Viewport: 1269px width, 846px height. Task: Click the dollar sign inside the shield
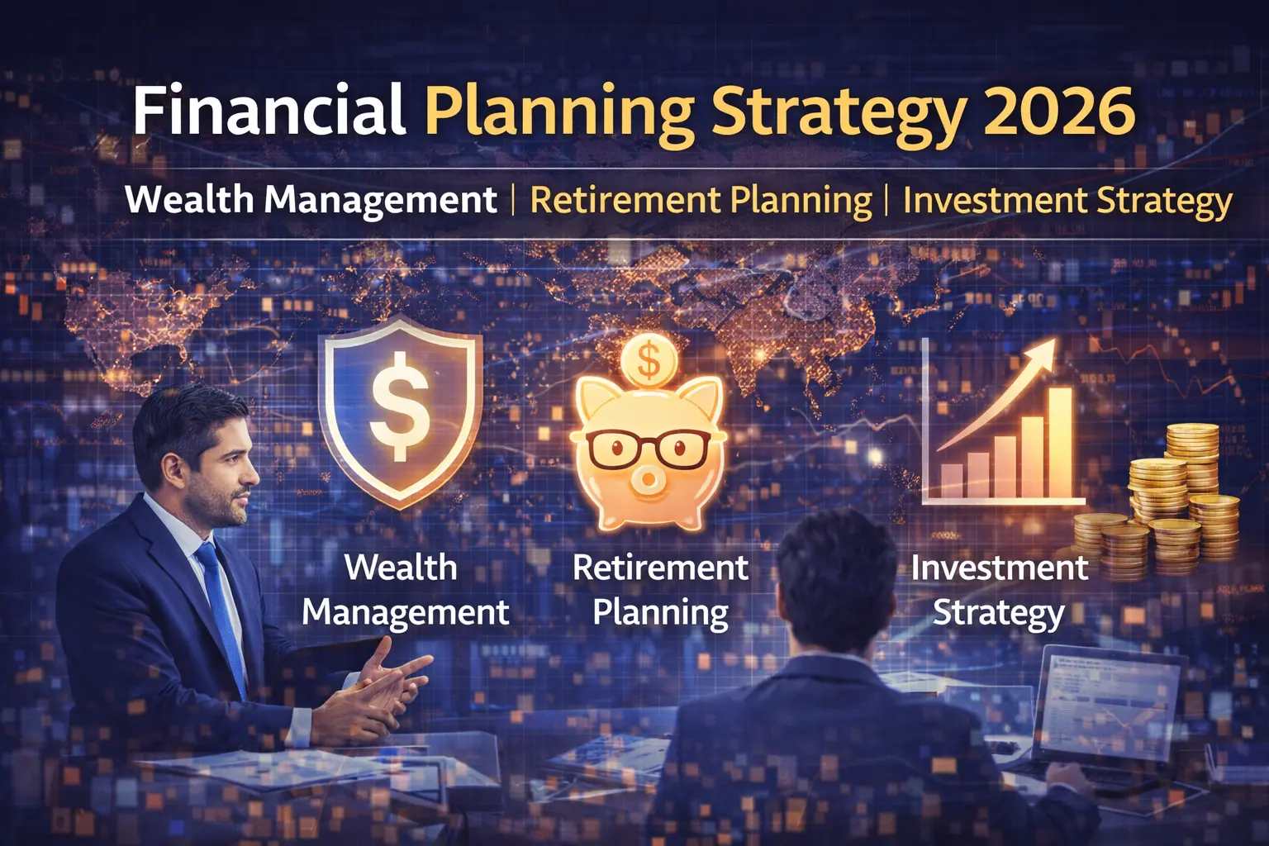click(400, 405)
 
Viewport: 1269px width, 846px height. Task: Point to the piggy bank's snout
click(648, 480)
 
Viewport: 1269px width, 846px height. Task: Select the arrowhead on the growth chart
click(1042, 352)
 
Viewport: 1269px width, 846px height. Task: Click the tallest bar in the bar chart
click(1059, 442)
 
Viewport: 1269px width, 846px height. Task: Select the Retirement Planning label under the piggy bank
click(660, 590)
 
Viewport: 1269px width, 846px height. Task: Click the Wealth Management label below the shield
click(404, 590)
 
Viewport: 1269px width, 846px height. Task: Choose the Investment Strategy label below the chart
click(999, 590)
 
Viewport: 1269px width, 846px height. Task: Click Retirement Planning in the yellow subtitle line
click(701, 201)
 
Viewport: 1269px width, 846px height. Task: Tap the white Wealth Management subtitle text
click(311, 201)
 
